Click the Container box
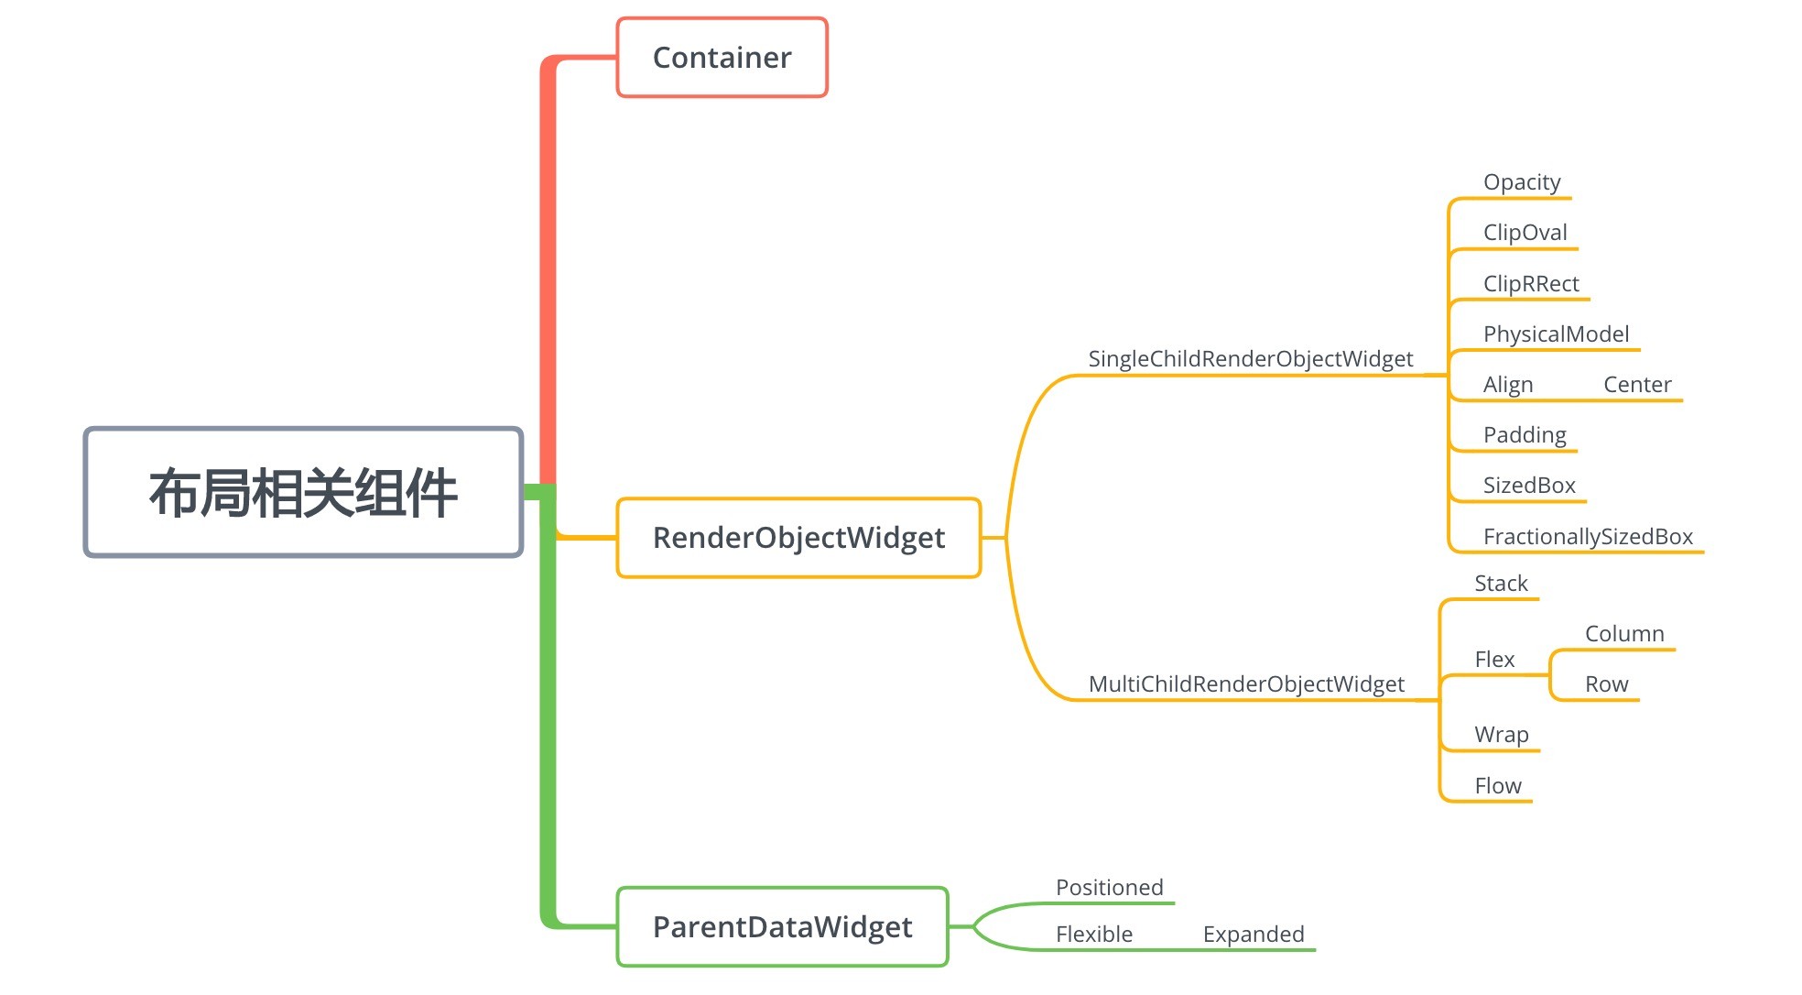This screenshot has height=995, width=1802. tap(722, 58)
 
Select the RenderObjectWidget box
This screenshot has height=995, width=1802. tap(798, 538)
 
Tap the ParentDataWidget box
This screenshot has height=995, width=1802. tap(782, 927)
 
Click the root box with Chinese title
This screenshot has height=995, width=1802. tap(303, 493)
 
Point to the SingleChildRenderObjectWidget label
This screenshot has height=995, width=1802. tap(1250, 359)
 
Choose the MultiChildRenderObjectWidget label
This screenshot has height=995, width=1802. tap(1245, 684)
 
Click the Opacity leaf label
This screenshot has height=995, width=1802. tap(1521, 182)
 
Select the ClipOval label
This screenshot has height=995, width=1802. tap(1525, 233)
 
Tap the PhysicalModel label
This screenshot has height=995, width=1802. tap(1556, 334)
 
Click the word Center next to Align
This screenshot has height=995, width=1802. tap(1636, 385)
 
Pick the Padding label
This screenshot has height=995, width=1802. tap(1525, 435)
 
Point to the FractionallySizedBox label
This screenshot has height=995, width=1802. tap(1588, 537)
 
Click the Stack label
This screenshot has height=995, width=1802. tap(1501, 584)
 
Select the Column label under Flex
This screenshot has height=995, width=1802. tap(1623, 634)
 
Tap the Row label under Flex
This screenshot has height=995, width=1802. tap(1606, 684)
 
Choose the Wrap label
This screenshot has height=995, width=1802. tap(1501, 735)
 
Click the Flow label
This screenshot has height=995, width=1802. tap(1497, 786)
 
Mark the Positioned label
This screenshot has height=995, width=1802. tap(1109, 888)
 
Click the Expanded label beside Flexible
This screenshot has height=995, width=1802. tap(1253, 935)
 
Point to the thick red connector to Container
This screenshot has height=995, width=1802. tap(548, 275)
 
